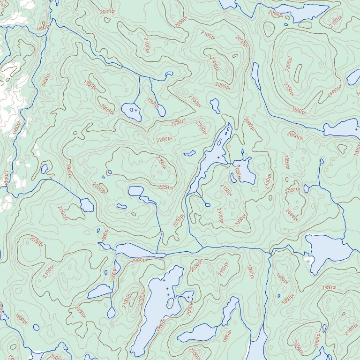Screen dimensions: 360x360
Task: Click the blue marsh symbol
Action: (308, 259)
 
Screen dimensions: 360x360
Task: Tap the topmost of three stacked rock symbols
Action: (164, 280)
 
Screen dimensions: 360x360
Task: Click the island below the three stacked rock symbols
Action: (170, 303)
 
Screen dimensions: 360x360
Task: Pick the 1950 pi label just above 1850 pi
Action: (281, 279)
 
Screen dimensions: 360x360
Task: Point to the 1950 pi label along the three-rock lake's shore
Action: (161, 325)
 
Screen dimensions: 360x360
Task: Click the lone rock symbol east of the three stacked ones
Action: (188, 297)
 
